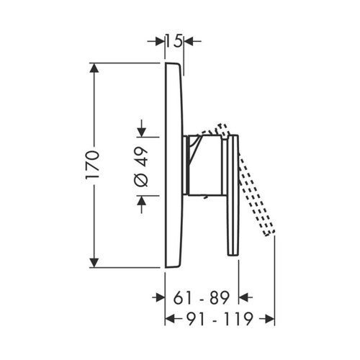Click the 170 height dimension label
tap(92, 165)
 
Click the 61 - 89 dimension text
tap(202, 298)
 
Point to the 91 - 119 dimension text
tap(220, 319)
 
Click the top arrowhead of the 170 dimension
tap(94, 68)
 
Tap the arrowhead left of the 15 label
tap(160, 42)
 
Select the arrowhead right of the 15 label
tap(189, 42)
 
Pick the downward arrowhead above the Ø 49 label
tap(142, 132)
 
